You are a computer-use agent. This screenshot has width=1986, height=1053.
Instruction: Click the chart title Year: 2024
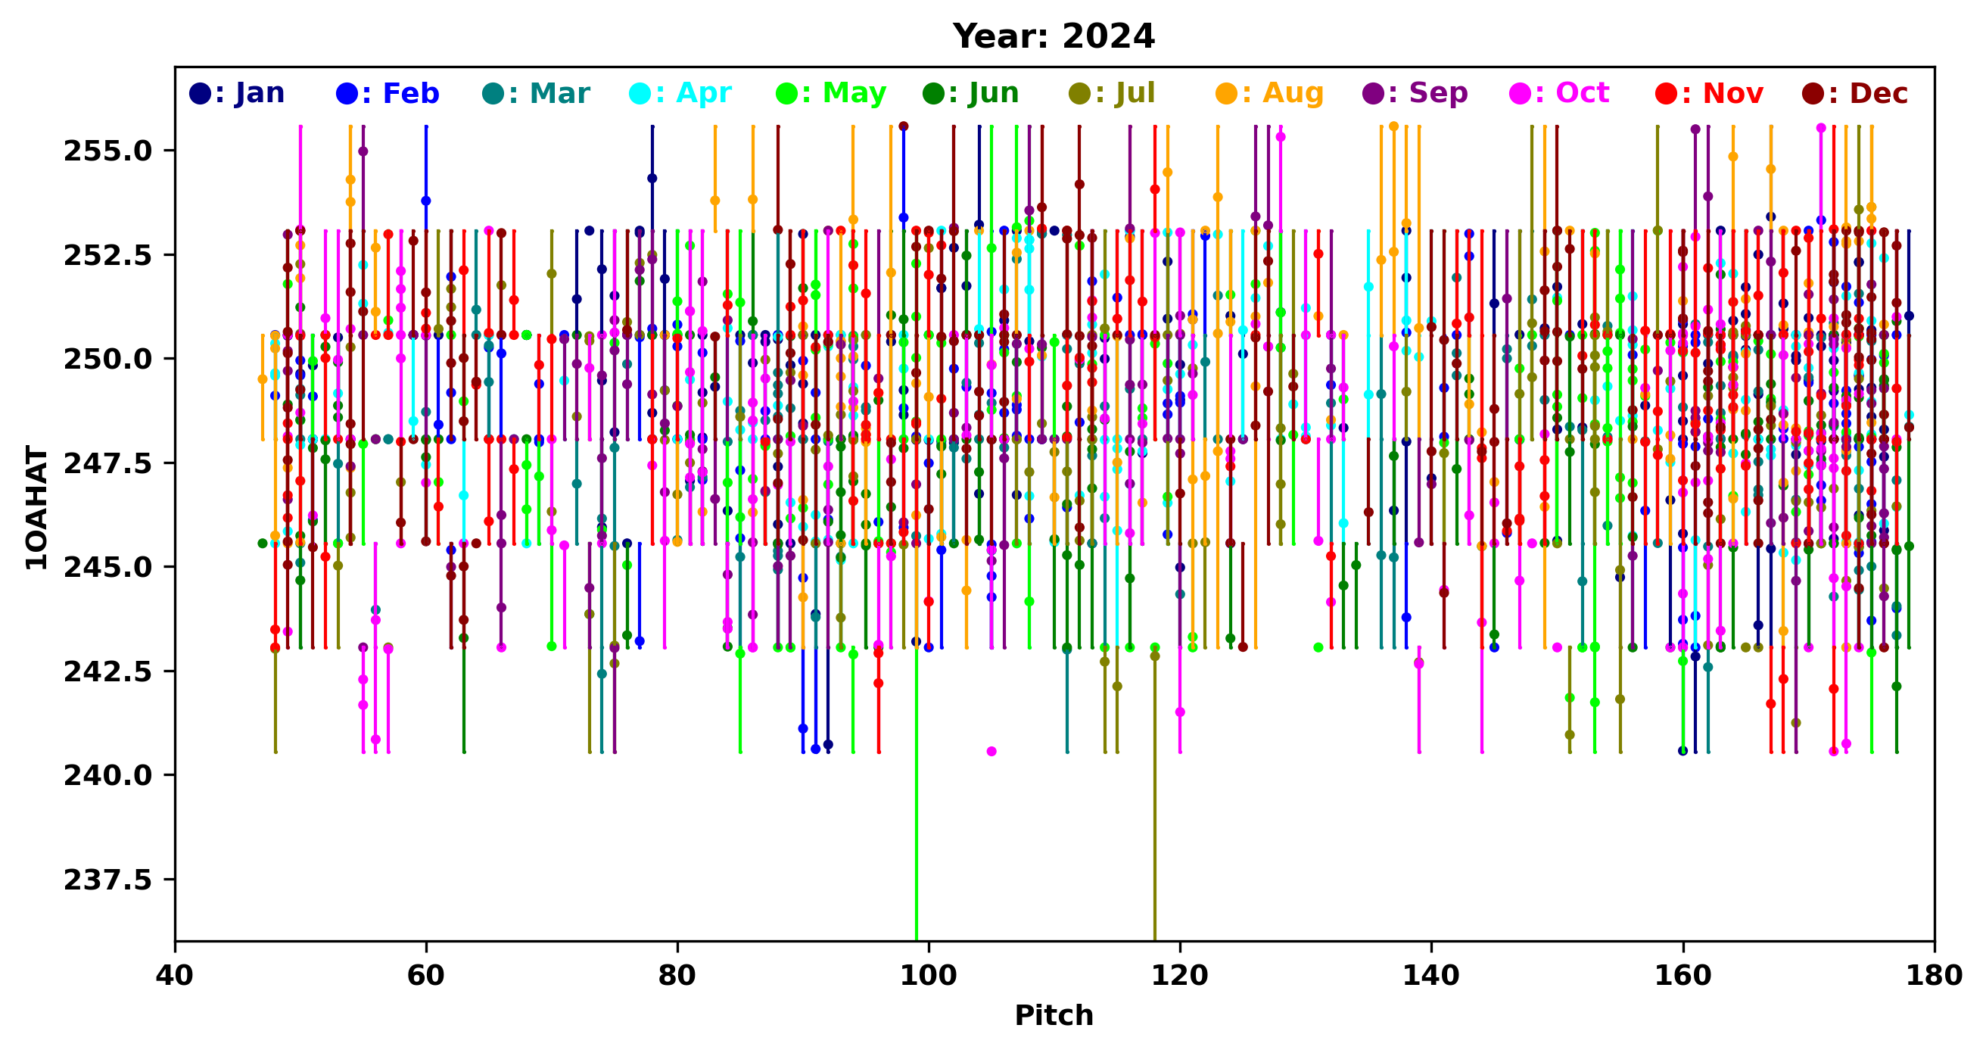click(x=1053, y=36)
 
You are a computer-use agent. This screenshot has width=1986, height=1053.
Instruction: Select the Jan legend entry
click(x=237, y=93)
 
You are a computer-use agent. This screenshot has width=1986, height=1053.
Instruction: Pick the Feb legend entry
click(x=388, y=93)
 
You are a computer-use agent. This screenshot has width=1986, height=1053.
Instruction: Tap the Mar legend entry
click(x=537, y=93)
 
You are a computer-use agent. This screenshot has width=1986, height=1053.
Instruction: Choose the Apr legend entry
click(x=680, y=93)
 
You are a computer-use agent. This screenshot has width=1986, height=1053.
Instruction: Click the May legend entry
click(x=831, y=93)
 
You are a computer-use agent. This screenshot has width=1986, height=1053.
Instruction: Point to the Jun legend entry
click(x=971, y=93)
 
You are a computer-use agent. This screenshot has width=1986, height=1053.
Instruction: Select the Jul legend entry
click(x=1113, y=93)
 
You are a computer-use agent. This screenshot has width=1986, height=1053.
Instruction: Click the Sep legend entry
click(x=1415, y=93)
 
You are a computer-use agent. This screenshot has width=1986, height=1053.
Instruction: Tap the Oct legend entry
click(x=1560, y=93)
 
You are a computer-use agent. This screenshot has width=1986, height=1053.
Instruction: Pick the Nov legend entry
click(x=1710, y=93)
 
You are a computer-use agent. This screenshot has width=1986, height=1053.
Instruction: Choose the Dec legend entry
click(x=1856, y=93)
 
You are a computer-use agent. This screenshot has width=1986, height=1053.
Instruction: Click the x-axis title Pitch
click(x=1053, y=1015)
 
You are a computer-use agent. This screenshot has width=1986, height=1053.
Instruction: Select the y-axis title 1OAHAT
click(x=36, y=507)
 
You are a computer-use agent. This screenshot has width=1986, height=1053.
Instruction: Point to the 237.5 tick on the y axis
click(x=108, y=880)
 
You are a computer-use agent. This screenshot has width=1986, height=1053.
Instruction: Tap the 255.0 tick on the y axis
click(x=108, y=151)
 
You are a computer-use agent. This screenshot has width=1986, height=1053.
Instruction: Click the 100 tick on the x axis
click(x=928, y=976)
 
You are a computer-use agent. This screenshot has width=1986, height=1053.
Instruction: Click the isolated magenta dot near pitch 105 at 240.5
click(x=991, y=752)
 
